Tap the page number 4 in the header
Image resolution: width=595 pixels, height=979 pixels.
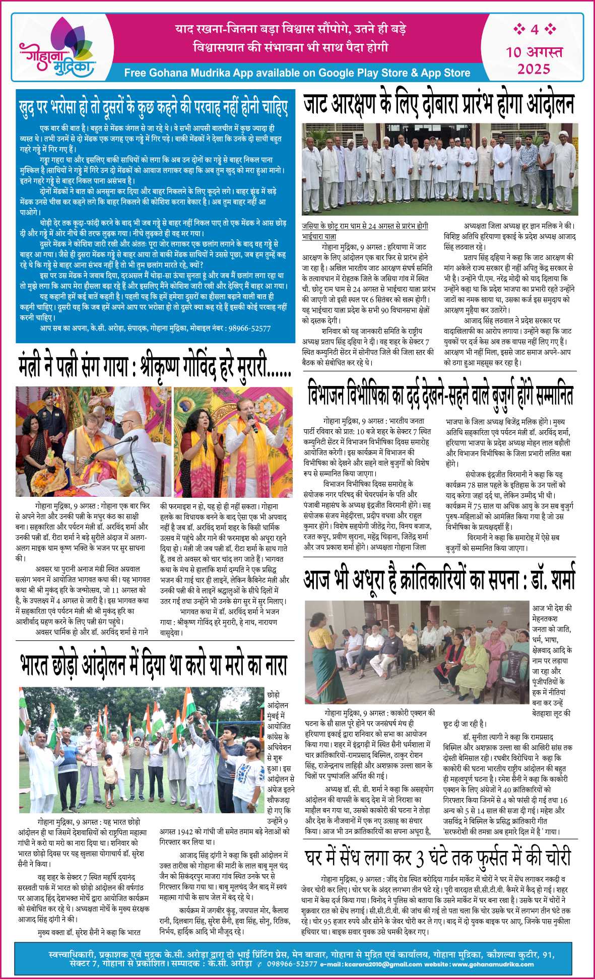tap(534, 30)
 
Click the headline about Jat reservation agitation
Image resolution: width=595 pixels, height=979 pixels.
tap(439, 104)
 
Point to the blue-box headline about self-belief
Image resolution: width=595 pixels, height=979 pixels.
tap(154, 107)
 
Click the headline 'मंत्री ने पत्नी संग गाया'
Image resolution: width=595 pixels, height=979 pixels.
tap(154, 367)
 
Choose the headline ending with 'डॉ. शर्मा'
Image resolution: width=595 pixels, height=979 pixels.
tap(439, 580)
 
